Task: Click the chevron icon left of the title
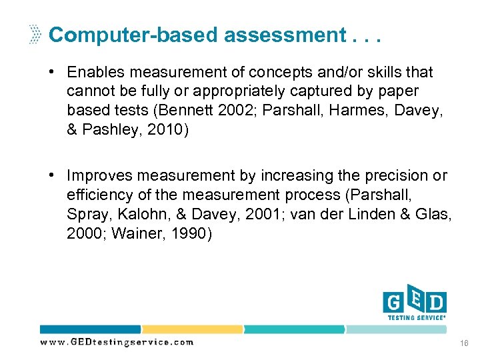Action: pos(35,35)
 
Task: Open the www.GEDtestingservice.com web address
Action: pos(116,342)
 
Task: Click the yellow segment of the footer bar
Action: pos(192,329)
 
